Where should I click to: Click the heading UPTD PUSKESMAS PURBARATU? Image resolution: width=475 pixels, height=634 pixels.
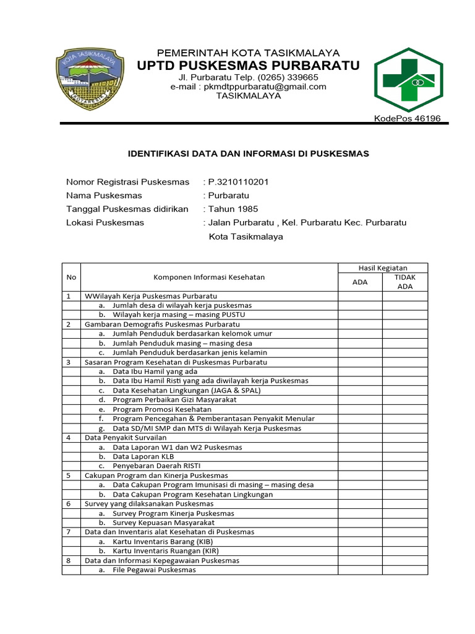[248, 66]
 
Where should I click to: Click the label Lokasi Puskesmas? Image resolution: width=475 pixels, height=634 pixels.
[105, 222]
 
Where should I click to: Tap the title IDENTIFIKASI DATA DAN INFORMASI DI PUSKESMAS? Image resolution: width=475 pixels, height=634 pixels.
[248, 154]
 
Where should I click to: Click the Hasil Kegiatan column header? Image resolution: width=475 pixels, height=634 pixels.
[383, 267]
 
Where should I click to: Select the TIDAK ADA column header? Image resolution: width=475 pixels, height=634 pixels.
[404, 282]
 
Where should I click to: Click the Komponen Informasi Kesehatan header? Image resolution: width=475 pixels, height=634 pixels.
[209, 277]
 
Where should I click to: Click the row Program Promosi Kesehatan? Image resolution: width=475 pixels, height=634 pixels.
[162, 409]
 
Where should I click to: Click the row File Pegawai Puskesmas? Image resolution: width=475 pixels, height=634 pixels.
[154, 570]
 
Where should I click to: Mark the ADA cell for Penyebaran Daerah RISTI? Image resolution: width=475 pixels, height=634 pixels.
[359, 466]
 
